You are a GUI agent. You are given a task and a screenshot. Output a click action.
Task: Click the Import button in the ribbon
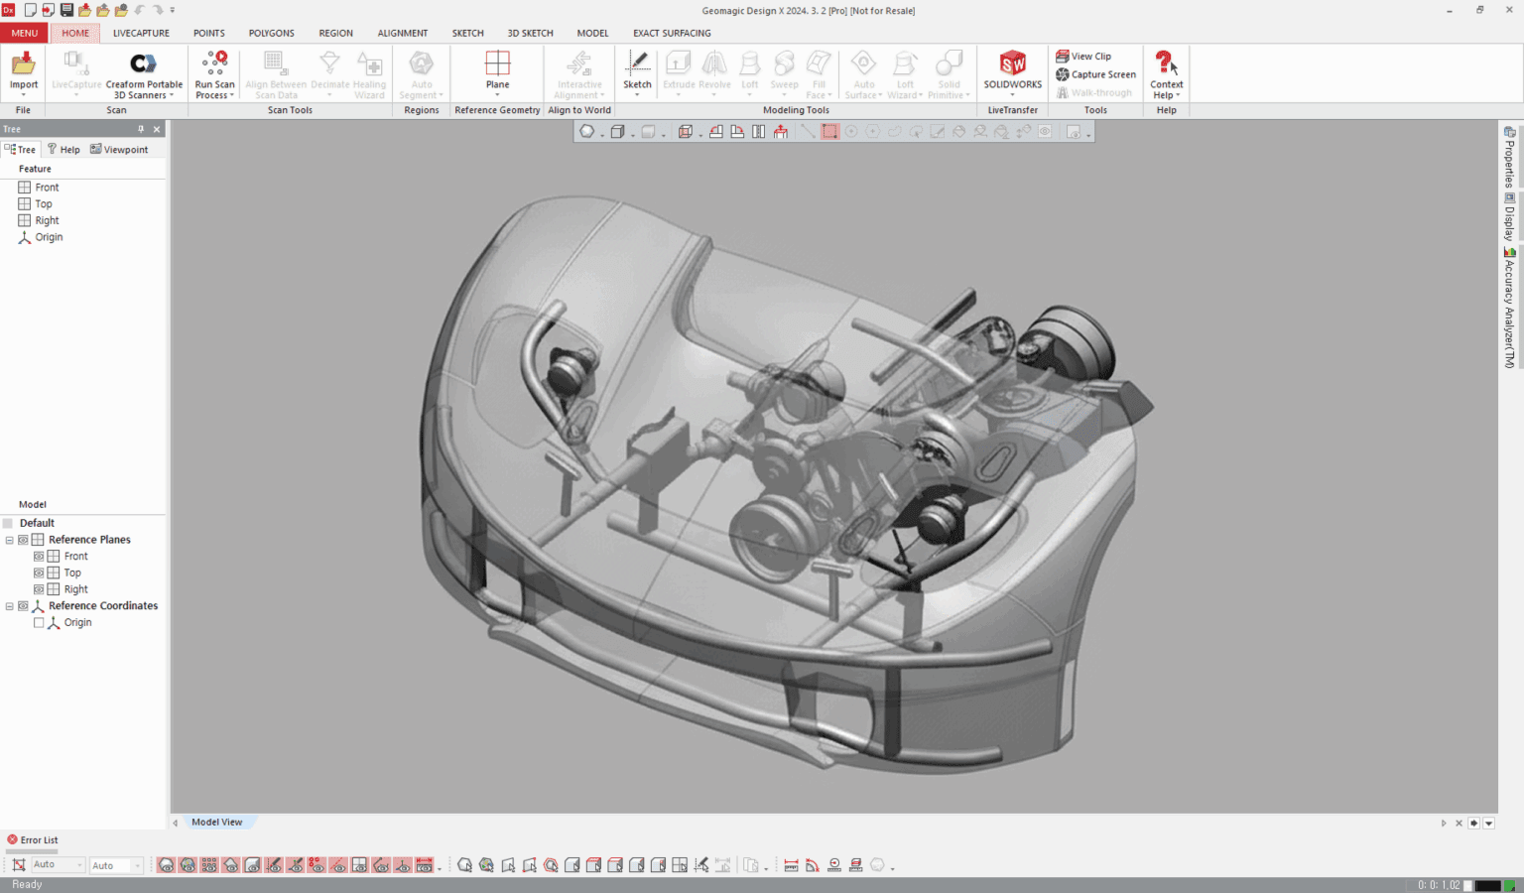[24, 70]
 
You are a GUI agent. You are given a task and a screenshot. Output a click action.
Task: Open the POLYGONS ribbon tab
[271, 33]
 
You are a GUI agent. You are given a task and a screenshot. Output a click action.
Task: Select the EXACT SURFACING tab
[672, 33]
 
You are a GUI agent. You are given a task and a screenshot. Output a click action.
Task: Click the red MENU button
[24, 33]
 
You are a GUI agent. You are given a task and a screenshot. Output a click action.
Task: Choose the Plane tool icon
[497, 69]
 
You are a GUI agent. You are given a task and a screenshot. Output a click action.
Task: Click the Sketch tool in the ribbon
[637, 69]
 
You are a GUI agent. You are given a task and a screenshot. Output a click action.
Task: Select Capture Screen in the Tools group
[1096, 74]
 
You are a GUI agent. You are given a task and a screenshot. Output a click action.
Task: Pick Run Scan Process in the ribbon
[214, 71]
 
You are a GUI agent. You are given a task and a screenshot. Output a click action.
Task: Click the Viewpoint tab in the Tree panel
[119, 150]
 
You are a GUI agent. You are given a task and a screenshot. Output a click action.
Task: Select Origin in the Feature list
[49, 237]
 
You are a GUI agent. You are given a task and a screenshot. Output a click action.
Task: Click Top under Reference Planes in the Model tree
[72, 573]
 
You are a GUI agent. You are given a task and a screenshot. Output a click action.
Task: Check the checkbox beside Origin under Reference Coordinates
[39, 622]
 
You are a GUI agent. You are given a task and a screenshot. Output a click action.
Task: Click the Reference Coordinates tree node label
[103, 605]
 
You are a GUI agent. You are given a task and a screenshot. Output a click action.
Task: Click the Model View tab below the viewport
[216, 822]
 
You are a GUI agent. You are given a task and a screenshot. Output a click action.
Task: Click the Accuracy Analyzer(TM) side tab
[1509, 308]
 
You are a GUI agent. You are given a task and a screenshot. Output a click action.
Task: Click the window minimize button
[1450, 10]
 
